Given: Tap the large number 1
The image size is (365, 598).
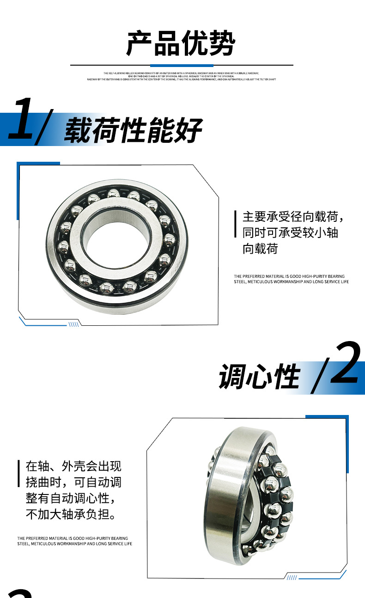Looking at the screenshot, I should click(x=21, y=119).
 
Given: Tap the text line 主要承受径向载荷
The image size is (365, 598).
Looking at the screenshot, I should click(x=293, y=216).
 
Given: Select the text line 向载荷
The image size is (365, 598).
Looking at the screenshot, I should click(x=261, y=249).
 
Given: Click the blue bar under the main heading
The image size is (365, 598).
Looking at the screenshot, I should click(x=182, y=66).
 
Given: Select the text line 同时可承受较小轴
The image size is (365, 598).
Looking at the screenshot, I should click(x=290, y=232).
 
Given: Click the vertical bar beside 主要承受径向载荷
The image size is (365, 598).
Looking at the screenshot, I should click(x=236, y=224).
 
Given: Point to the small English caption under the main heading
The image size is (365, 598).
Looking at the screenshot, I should click(x=182, y=76).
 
